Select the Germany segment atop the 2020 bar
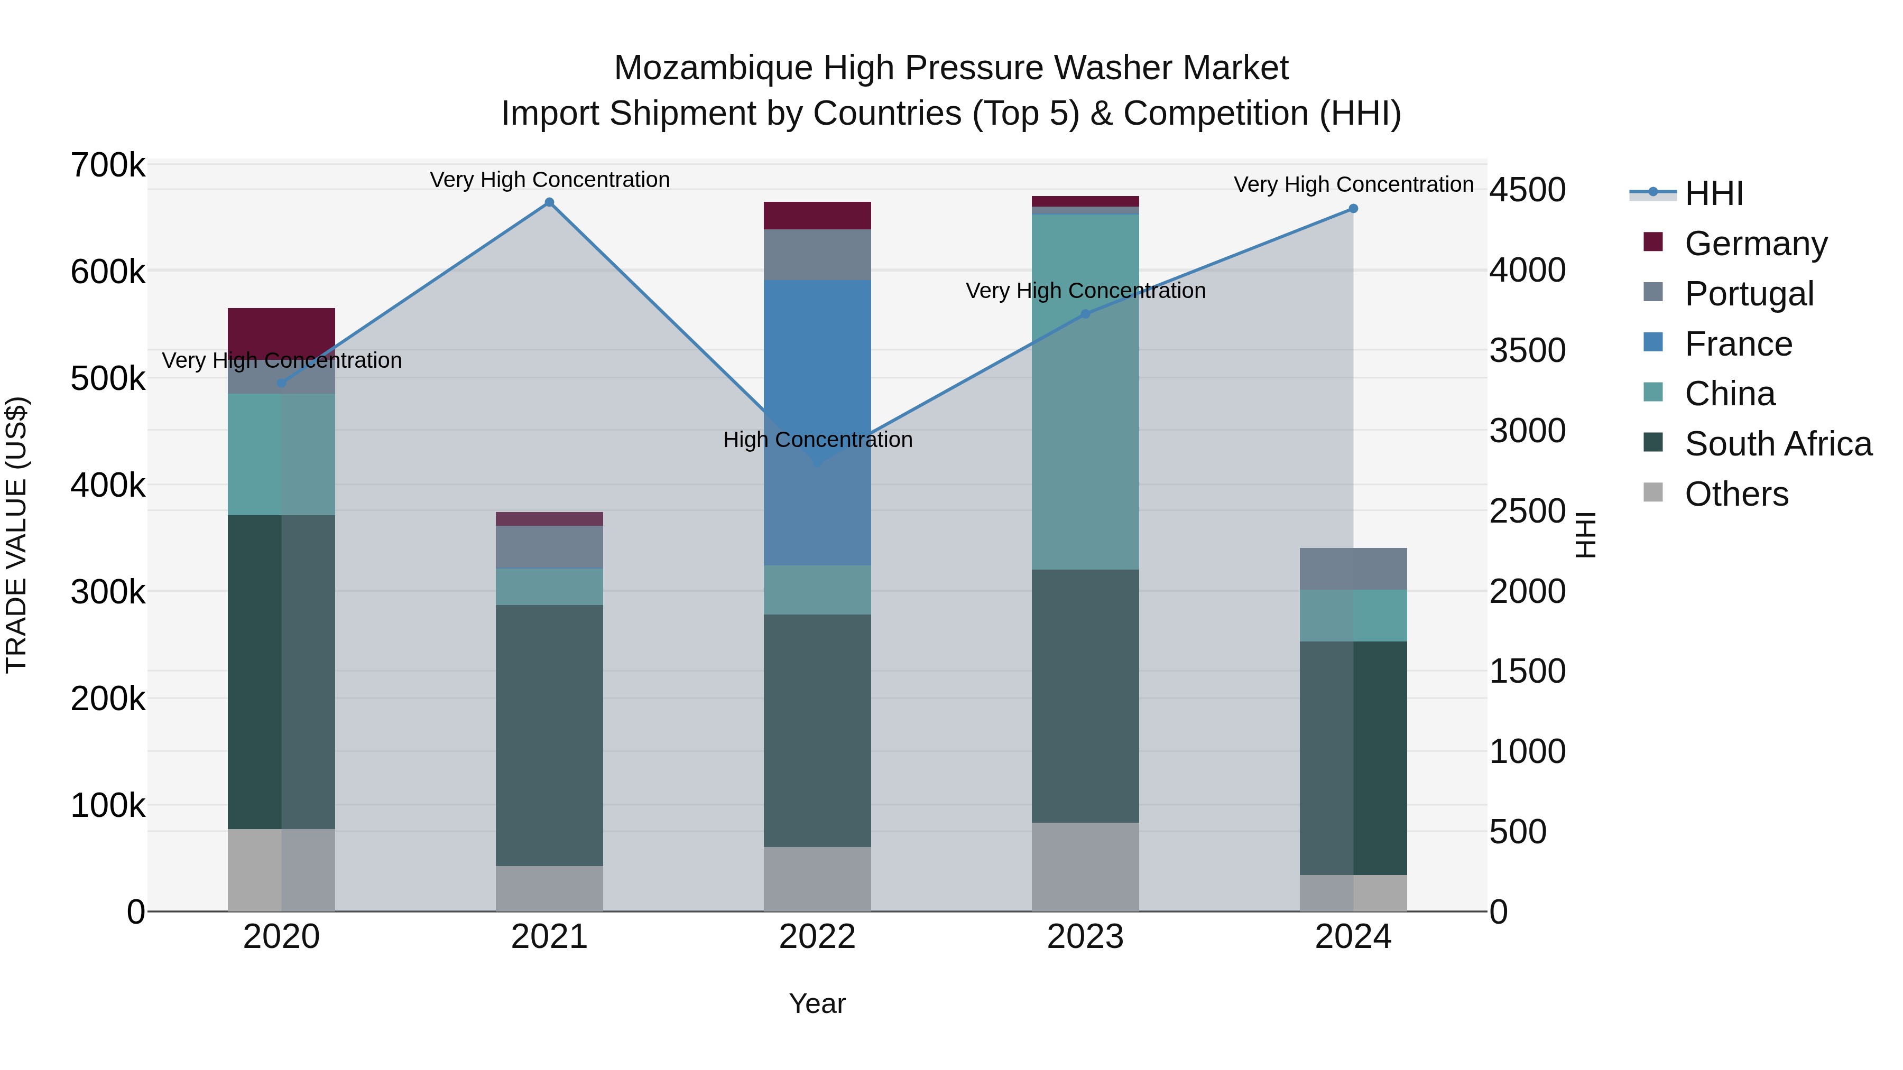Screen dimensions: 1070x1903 click(x=281, y=329)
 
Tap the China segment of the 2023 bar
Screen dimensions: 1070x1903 click(x=1085, y=392)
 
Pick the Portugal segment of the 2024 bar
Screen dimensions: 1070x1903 click(x=1353, y=569)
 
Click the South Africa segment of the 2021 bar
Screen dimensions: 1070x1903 click(x=549, y=735)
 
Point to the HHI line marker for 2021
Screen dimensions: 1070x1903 click(x=549, y=202)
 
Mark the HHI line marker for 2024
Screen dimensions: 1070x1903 click(x=1353, y=209)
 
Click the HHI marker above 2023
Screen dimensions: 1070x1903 click(x=1085, y=314)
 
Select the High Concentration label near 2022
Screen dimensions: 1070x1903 click(x=817, y=440)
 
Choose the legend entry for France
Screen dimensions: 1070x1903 click(x=1738, y=344)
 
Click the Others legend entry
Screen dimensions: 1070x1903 click(x=1736, y=494)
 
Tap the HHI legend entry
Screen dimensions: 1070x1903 click(x=1714, y=193)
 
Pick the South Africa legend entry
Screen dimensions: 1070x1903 click(x=1777, y=444)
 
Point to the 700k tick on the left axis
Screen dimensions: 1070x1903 click(x=108, y=165)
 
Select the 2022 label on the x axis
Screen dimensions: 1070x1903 click(x=817, y=937)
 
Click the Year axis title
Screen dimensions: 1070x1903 click(x=817, y=1003)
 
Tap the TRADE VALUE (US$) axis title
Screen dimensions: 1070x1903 click(x=16, y=535)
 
